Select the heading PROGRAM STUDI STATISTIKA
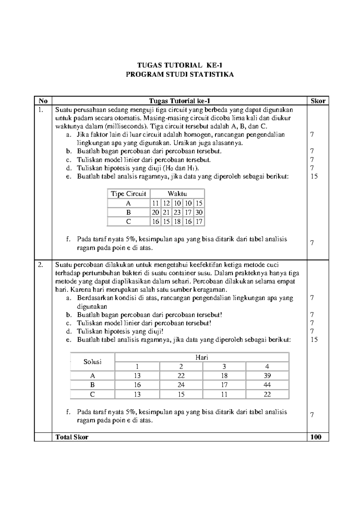click(x=179, y=75)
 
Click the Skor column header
click(x=318, y=101)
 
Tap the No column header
click(x=43, y=101)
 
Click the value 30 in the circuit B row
click(x=199, y=212)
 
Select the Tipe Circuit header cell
click(x=128, y=194)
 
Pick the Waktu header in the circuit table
click(x=177, y=194)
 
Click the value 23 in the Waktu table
click(x=177, y=212)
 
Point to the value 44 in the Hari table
click(x=267, y=385)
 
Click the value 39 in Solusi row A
click(x=267, y=375)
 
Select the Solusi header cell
click(x=92, y=362)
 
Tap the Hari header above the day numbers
click(x=202, y=357)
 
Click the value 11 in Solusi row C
click(x=224, y=394)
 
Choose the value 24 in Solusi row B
click(x=181, y=385)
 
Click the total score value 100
click(x=316, y=437)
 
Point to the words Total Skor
click(x=72, y=437)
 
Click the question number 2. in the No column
click(x=40, y=265)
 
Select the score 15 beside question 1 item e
click(x=314, y=176)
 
